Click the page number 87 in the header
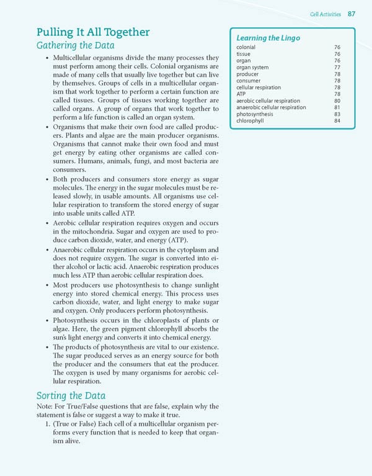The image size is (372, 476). [352, 14]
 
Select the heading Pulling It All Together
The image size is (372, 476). [92, 32]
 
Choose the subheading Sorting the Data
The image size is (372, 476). [71, 395]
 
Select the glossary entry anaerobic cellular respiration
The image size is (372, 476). [271, 107]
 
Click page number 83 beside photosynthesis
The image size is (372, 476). [337, 114]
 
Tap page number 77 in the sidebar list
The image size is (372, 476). [337, 67]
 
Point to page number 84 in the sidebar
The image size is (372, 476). [337, 121]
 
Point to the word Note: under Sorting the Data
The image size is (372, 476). [45, 406]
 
